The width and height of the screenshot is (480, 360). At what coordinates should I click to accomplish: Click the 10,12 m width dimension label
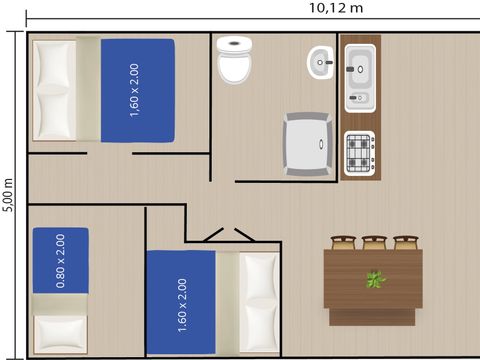pos(336,8)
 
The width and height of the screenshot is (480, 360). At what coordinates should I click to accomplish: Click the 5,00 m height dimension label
pos(8,195)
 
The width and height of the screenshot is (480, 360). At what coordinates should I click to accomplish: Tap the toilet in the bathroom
pos(234,59)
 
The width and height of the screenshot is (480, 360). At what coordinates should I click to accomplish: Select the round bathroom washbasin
pos(320,63)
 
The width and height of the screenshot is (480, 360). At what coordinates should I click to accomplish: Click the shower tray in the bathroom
pos(308,144)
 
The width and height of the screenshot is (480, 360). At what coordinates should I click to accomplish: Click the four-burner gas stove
pos(360,153)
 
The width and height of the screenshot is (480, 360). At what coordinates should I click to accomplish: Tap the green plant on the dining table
pos(376,279)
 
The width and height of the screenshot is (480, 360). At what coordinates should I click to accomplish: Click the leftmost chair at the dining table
pos(343,242)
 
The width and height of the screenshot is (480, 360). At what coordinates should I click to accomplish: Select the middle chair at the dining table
pos(374,242)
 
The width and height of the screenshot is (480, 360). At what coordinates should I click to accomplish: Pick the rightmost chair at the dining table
pos(406,242)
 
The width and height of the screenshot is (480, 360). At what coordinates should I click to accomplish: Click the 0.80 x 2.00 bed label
pos(60,261)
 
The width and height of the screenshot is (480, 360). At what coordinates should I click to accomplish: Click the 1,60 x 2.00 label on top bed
pos(134,90)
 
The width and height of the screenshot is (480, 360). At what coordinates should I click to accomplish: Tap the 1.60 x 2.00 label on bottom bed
pos(182,305)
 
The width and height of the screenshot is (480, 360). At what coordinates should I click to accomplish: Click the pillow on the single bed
pos(60,333)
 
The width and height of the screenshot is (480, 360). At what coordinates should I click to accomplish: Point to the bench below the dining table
pos(372,317)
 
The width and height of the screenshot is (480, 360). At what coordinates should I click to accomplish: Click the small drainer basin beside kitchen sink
pos(359,98)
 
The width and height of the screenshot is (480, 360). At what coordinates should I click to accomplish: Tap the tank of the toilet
pos(234,44)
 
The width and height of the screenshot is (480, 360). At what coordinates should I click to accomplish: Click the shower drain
pos(321,144)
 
